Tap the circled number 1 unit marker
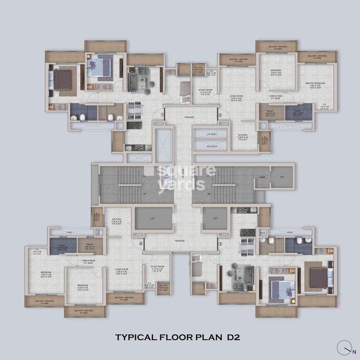click(163, 115)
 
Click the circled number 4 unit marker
click(141, 244)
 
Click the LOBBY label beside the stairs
click(262, 177)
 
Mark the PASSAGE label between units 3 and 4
click(180, 241)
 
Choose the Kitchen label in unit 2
click(243, 137)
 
